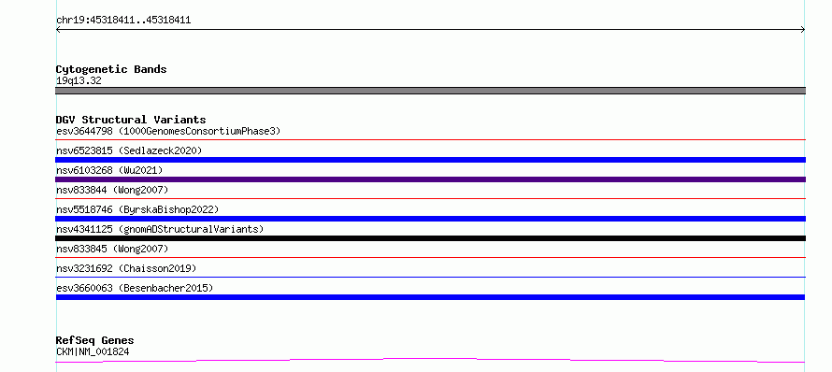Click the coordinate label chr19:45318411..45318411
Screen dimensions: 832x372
coord(123,21)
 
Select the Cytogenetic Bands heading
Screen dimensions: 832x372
coord(111,69)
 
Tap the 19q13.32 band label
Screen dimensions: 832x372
coord(79,81)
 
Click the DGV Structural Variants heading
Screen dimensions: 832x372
coord(131,120)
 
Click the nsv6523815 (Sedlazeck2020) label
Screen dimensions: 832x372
coord(129,150)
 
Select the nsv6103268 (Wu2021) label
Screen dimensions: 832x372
coord(109,170)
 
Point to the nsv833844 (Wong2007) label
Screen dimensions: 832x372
coord(112,190)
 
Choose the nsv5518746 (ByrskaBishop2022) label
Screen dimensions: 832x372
coord(137,209)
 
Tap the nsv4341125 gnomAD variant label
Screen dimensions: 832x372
coord(160,229)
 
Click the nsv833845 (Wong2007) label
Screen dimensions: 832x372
coord(112,249)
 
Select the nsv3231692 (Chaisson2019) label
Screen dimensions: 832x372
coord(126,268)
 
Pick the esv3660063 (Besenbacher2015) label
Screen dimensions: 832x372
coord(135,288)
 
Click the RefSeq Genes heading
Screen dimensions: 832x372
coord(95,341)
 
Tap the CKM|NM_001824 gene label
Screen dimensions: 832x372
coord(93,351)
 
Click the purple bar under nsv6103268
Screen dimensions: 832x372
coord(430,179)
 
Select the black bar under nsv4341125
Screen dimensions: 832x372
coord(430,238)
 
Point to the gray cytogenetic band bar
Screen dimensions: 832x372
coord(430,91)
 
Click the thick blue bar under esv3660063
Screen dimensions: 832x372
coord(430,297)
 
